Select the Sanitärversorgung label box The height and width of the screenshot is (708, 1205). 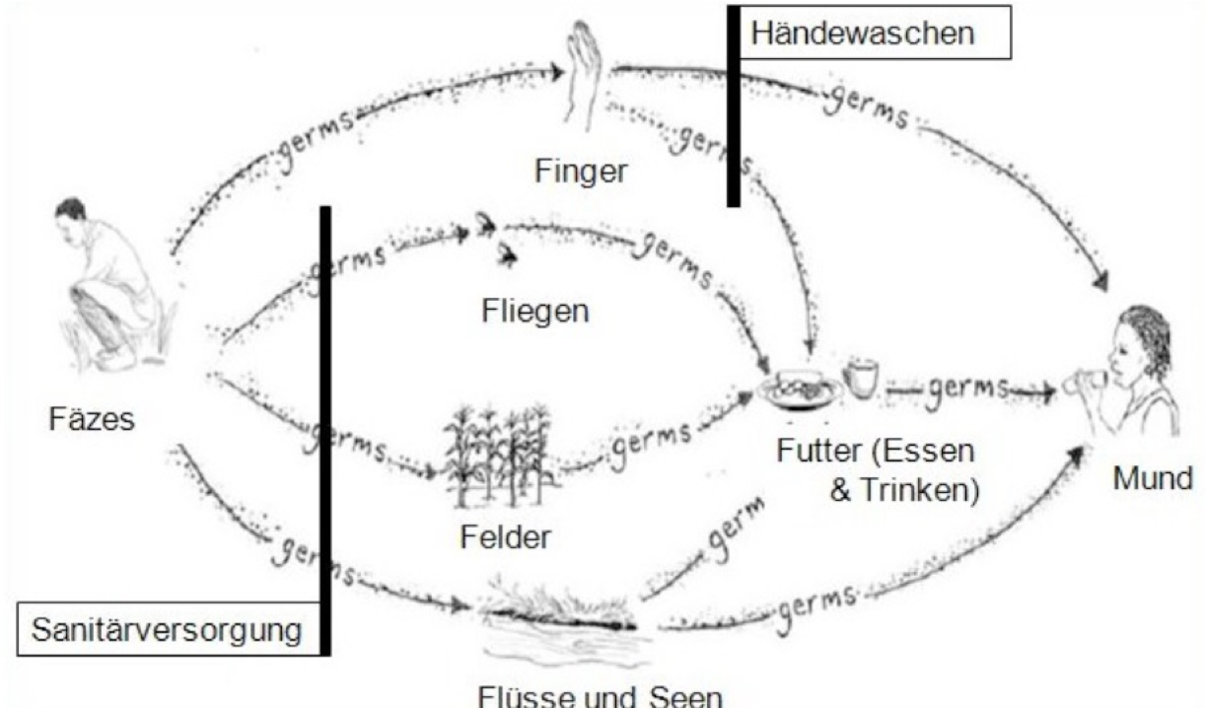click(x=167, y=629)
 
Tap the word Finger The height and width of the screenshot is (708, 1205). click(x=581, y=171)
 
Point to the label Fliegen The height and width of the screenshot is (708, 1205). click(x=534, y=311)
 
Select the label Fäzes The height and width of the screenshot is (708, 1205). click(x=92, y=420)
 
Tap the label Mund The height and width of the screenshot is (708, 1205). click(x=1153, y=480)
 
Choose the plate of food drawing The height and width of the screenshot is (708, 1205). click(x=802, y=388)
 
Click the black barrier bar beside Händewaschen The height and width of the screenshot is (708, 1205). click(x=733, y=106)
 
